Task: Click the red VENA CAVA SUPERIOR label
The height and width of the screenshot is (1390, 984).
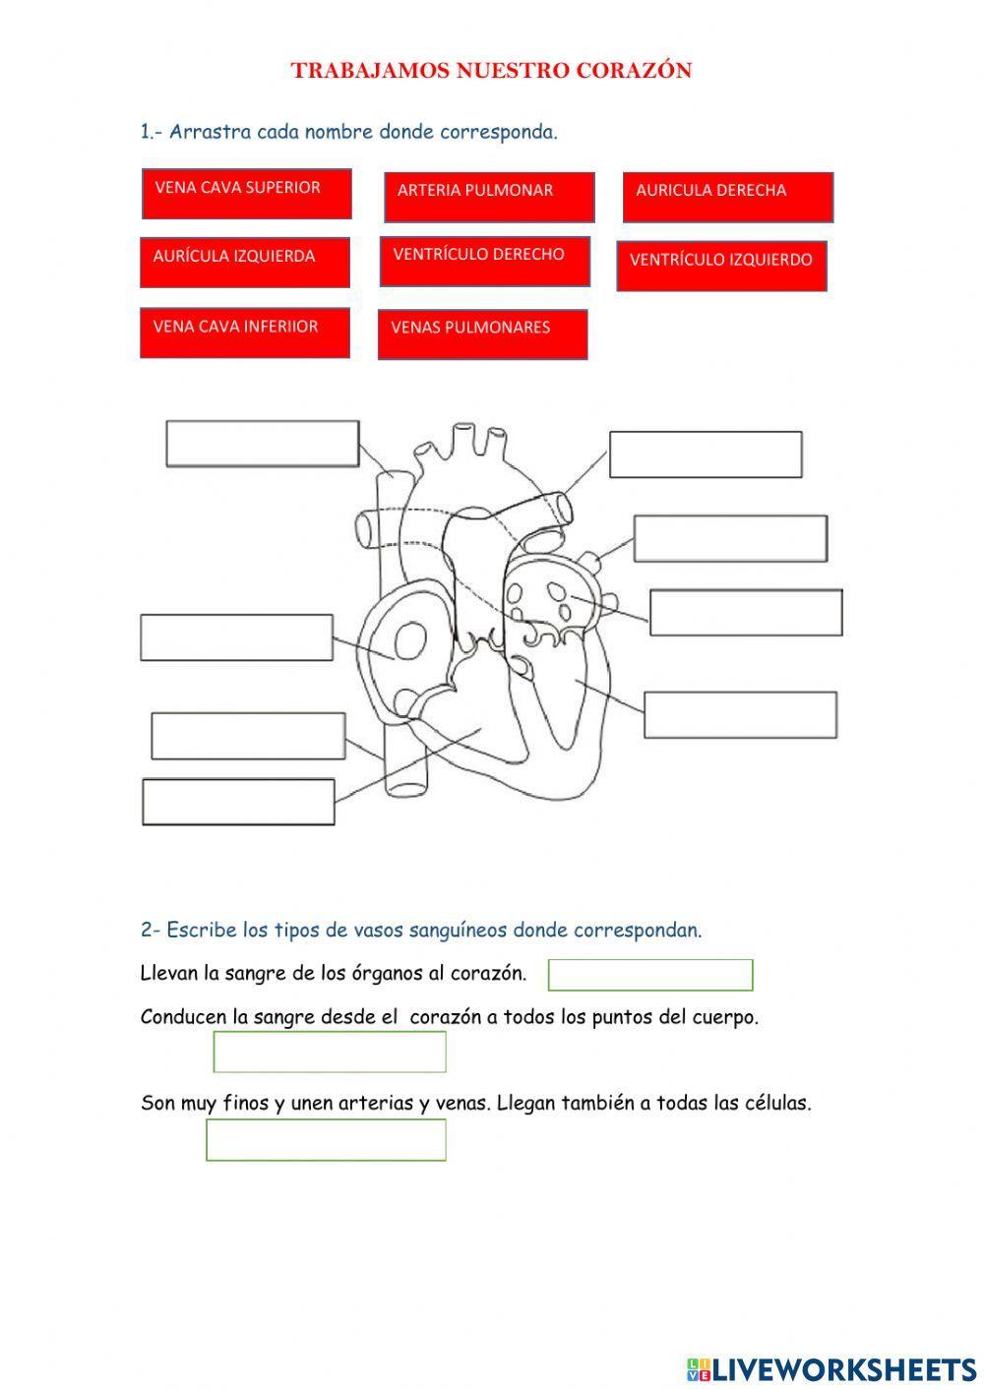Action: point(246,194)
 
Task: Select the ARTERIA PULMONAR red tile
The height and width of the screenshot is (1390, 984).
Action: point(489,197)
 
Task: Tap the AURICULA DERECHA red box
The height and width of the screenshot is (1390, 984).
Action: point(728,197)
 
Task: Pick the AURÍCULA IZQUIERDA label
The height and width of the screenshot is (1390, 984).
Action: point(245,262)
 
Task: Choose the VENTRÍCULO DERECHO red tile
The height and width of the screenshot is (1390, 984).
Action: point(485,261)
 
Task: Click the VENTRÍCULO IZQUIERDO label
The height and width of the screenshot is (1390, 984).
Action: point(721,266)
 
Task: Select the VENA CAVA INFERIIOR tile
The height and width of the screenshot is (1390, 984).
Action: point(245,332)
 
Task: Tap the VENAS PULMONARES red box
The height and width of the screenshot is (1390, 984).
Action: point(482,334)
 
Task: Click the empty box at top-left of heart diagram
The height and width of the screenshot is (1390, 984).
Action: point(262,444)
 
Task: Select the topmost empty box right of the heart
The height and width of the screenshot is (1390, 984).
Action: point(706,454)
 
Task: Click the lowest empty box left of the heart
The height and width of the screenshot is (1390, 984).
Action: point(238,802)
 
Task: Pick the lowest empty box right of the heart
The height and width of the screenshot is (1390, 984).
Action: point(740,714)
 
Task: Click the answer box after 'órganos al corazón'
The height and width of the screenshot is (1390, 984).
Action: point(650,975)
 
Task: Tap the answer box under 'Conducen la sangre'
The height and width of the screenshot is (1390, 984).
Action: point(330,1052)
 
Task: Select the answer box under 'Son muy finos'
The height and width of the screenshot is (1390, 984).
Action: point(326,1140)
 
